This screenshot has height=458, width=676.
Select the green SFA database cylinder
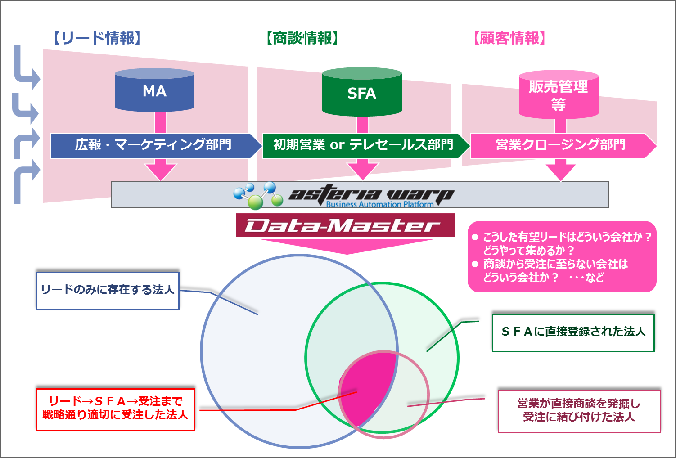(x=362, y=93)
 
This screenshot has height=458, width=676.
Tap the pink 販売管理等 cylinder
(x=559, y=95)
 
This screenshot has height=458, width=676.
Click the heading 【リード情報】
(x=97, y=38)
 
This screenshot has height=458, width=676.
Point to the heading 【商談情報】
(x=302, y=38)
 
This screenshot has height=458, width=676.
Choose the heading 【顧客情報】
(x=509, y=38)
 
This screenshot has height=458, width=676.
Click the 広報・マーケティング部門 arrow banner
(x=153, y=145)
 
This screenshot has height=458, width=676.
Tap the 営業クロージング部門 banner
(x=561, y=145)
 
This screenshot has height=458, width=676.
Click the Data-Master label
(x=345, y=225)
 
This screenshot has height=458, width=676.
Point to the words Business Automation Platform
(x=379, y=204)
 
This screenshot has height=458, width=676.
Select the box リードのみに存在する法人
(x=108, y=290)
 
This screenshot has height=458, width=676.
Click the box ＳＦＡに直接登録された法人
(x=573, y=332)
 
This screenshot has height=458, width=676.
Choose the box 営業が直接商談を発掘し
(x=579, y=411)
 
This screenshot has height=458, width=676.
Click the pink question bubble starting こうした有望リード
(x=562, y=256)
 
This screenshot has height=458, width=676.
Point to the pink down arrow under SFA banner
(x=362, y=170)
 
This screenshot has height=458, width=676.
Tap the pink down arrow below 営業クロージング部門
(x=561, y=171)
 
